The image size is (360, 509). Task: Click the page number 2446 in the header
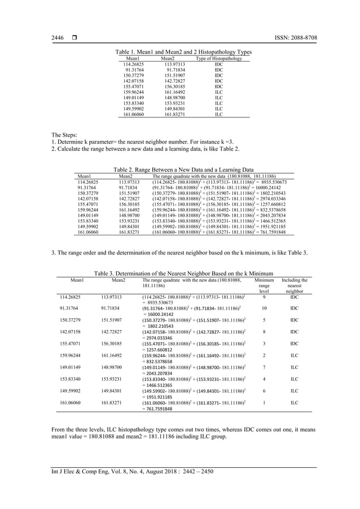57,38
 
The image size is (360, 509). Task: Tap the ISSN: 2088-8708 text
292,38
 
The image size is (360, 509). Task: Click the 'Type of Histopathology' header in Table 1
218,59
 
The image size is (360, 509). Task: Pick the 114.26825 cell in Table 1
134,65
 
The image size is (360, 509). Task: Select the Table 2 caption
183,169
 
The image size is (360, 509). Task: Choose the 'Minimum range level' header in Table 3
264,286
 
